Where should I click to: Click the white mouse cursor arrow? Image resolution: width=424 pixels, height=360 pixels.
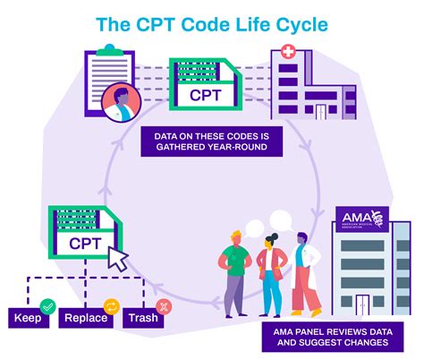click(118, 258)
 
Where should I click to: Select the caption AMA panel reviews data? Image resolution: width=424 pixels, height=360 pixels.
click(330, 338)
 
